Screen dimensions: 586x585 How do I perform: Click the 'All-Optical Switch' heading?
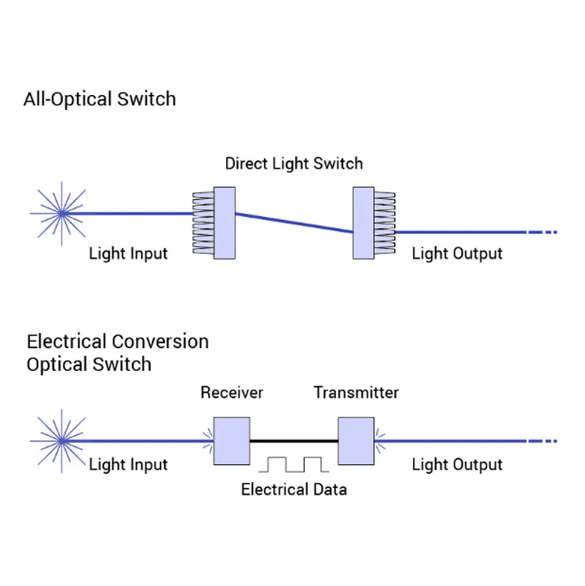click(100, 99)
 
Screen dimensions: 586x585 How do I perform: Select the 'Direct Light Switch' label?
click(294, 163)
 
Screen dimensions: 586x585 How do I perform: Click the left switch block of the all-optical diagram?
click(225, 222)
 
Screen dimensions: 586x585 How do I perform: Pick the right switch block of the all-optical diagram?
click(364, 222)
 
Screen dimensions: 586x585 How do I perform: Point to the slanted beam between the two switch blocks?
click(294, 222)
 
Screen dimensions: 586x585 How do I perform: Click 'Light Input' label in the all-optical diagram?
click(128, 254)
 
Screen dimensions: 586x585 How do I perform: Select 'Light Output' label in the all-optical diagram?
click(457, 254)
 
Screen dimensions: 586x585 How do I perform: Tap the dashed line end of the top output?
click(542, 233)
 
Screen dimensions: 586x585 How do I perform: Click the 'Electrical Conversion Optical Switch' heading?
click(118, 353)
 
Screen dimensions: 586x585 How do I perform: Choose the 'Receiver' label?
click(232, 392)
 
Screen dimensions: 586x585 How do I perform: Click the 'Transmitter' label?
click(356, 392)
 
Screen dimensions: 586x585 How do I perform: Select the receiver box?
click(232, 441)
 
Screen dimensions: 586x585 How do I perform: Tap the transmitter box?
click(356, 441)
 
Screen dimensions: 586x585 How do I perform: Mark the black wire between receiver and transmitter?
click(294, 441)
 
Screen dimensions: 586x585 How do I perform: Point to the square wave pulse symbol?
click(294, 463)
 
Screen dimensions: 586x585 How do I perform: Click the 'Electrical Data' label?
click(294, 489)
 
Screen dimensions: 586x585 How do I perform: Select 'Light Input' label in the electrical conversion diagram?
click(128, 464)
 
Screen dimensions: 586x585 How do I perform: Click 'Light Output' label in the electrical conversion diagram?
click(457, 464)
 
